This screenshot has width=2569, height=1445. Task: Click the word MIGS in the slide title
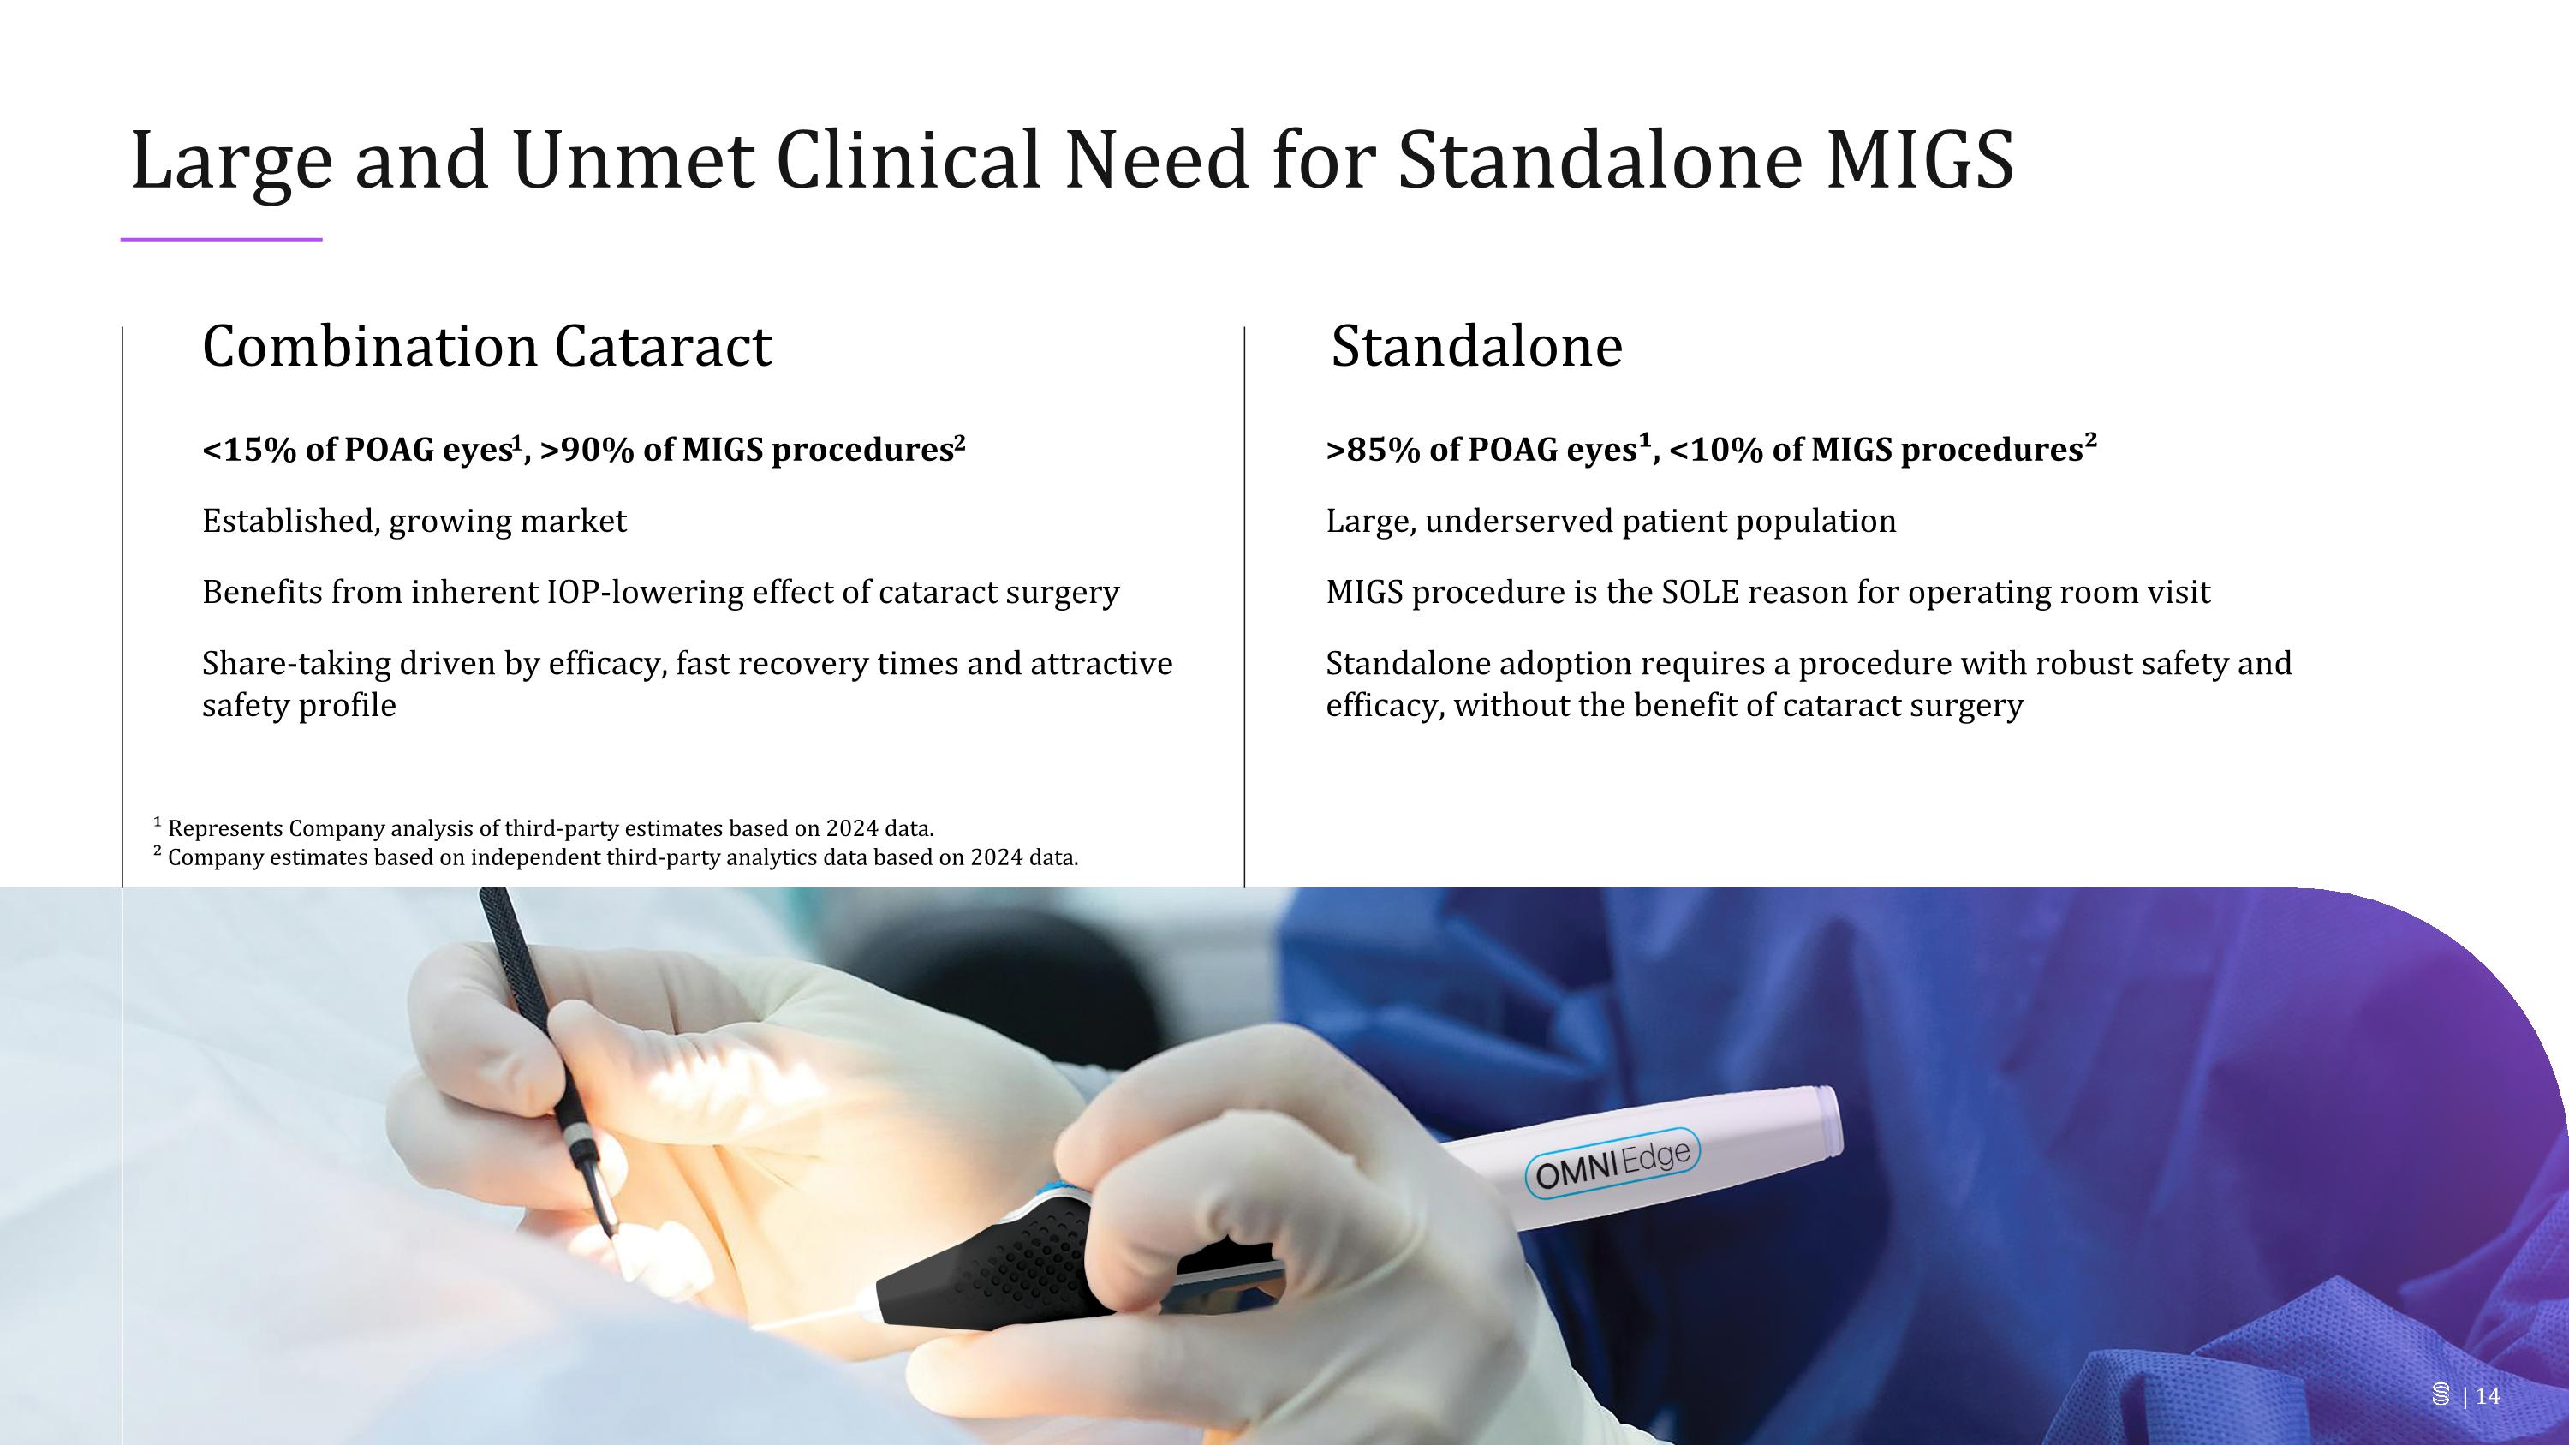(x=1920, y=159)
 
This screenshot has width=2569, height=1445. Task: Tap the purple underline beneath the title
(x=222, y=239)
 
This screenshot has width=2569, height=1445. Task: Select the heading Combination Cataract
(x=486, y=347)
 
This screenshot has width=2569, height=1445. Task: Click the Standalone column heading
(x=1476, y=347)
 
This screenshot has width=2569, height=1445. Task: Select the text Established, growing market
(x=414, y=522)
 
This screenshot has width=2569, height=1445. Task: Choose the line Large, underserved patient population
(x=1611, y=522)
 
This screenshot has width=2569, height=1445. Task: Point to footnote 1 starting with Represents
(x=549, y=828)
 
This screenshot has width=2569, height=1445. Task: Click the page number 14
(x=2489, y=1395)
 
